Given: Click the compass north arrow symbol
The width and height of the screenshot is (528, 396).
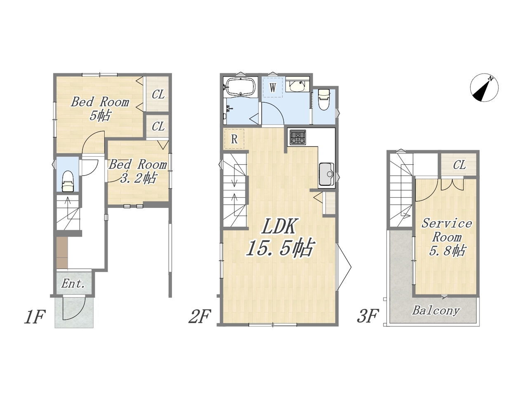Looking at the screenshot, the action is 484,88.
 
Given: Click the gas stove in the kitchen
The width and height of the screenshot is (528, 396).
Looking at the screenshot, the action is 298,137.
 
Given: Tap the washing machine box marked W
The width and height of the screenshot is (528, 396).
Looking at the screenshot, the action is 273,87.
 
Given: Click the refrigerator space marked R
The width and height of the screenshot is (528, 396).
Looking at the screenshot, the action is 234,139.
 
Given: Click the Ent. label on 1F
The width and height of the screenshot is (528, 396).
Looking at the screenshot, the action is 73,284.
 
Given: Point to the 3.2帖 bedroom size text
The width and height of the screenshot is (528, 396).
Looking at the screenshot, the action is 138,178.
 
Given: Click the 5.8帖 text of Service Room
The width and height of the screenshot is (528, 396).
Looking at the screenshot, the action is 447,251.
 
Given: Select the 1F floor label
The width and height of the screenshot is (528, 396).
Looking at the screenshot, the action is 35,317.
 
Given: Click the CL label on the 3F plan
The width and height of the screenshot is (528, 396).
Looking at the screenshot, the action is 460,165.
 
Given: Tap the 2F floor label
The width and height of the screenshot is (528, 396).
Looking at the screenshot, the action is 200,316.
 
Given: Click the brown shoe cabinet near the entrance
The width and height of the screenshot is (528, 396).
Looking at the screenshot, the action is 62,253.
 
